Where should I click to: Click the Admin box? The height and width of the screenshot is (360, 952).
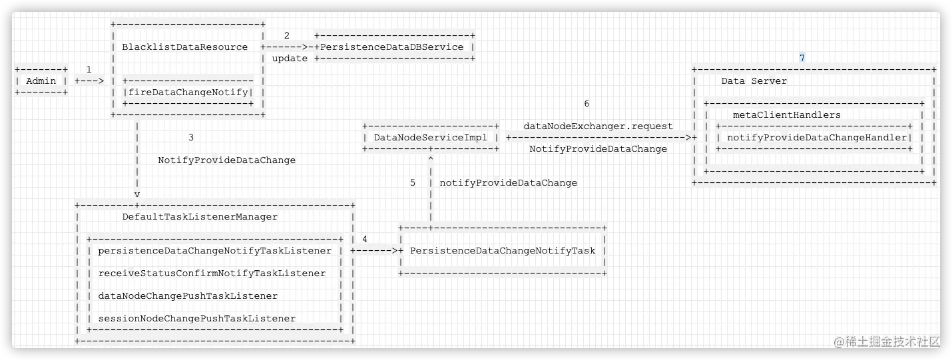[x=41, y=81]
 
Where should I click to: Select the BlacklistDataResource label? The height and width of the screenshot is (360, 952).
[x=185, y=47]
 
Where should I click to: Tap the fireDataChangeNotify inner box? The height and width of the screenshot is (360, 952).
[x=188, y=92]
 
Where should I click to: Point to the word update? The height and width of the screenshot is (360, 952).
[x=290, y=59]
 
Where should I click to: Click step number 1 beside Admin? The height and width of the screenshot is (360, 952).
[x=89, y=69]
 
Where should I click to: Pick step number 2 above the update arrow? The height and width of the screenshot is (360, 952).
[x=286, y=36]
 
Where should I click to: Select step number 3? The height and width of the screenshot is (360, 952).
[x=191, y=138]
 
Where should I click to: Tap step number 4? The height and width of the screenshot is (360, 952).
[x=364, y=239]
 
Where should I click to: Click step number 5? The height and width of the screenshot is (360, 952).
[x=413, y=183]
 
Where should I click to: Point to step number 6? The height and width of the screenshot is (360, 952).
[x=586, y=104]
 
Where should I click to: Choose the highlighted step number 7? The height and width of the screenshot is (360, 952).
[x=802, y=58]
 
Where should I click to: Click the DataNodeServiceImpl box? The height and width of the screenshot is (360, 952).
[x=431, y=138]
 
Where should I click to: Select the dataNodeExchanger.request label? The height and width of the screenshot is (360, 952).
[x=598, y=126]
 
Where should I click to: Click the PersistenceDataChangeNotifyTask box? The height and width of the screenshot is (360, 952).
[x=503, y=251]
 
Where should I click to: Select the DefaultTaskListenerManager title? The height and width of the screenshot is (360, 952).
[x=200, y=217]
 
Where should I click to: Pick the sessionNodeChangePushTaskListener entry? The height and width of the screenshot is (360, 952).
[x=197, y=319]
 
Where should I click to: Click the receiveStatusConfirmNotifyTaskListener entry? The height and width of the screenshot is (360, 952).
[x=212, y=273]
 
